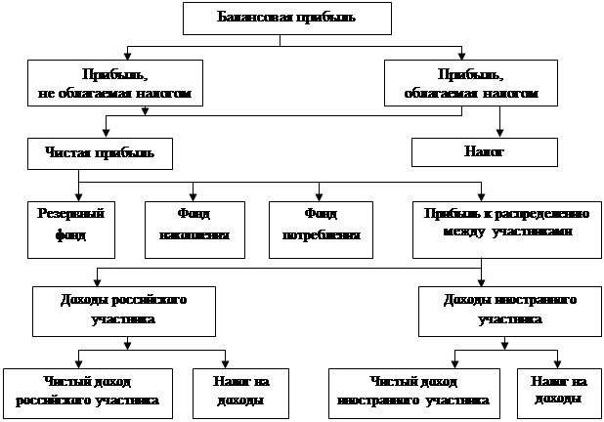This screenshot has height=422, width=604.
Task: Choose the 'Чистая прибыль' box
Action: (x=102, y=153)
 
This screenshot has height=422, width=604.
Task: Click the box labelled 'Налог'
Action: (x=484, y=153)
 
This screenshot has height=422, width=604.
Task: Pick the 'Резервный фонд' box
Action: (x=65, y=228)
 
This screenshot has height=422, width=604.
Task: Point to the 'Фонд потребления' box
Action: (x=321, y=229)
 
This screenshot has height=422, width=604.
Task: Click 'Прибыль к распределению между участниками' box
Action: (x=504, y=227)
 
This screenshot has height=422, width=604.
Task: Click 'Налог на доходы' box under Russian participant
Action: (x=227, y=391)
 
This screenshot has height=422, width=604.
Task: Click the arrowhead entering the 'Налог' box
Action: (x=501, y=134)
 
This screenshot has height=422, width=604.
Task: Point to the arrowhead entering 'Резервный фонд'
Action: (x=76, y=194)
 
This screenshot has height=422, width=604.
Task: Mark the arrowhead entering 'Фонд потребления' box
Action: (x=318, y=194)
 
